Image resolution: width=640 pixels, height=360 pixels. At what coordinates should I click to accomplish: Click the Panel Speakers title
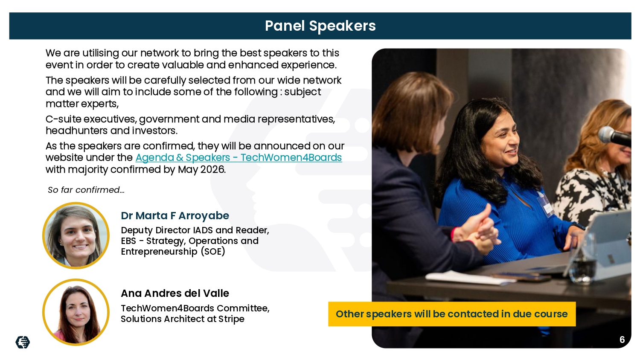click(x=320, y=26)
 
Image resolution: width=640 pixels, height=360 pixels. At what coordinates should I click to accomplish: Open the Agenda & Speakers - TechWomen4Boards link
click(x=239, y=157)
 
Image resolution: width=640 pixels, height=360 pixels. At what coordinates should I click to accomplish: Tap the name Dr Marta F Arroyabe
click(x=175, y=216)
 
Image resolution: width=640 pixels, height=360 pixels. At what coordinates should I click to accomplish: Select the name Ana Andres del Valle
click(x=175, y=293)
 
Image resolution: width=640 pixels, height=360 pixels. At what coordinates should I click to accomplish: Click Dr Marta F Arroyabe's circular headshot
click(x=76, y=236)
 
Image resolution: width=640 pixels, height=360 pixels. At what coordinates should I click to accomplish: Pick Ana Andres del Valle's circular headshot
click(x=76, y=312)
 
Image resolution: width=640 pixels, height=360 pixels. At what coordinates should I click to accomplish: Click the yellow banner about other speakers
click(x=452, y=314)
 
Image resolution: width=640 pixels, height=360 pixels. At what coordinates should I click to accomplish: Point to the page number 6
click(x=622, y=340)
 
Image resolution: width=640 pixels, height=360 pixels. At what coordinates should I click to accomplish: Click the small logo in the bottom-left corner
click(x=23, y=342)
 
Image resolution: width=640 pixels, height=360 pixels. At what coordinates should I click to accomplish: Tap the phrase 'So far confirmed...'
click(x=86, y=190)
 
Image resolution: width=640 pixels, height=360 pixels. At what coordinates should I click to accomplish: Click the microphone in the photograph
click(x=614, y=136)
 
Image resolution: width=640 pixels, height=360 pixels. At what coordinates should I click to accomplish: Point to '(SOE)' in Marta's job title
click(x=213, y=252)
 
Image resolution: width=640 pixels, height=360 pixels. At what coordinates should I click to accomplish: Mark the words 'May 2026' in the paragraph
click(x=202, y=169)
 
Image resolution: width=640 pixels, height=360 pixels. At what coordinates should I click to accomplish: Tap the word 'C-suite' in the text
click(x=63, y=119)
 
